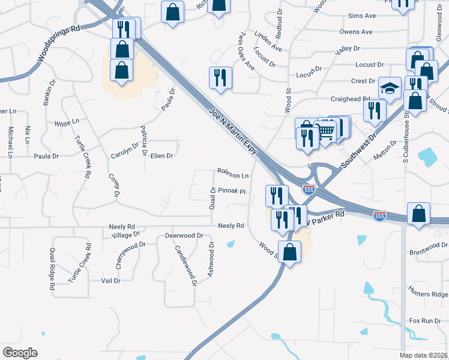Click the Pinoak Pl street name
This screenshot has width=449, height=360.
point(232,191)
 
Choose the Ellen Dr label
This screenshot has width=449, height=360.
point(161,156)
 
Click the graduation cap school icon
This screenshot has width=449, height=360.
point(390,89)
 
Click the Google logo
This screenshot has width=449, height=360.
point(20,353)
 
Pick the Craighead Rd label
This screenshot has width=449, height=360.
point(350,98)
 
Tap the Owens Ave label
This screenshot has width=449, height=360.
point(356,32)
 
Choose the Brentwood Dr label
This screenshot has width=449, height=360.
point(428,245)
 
